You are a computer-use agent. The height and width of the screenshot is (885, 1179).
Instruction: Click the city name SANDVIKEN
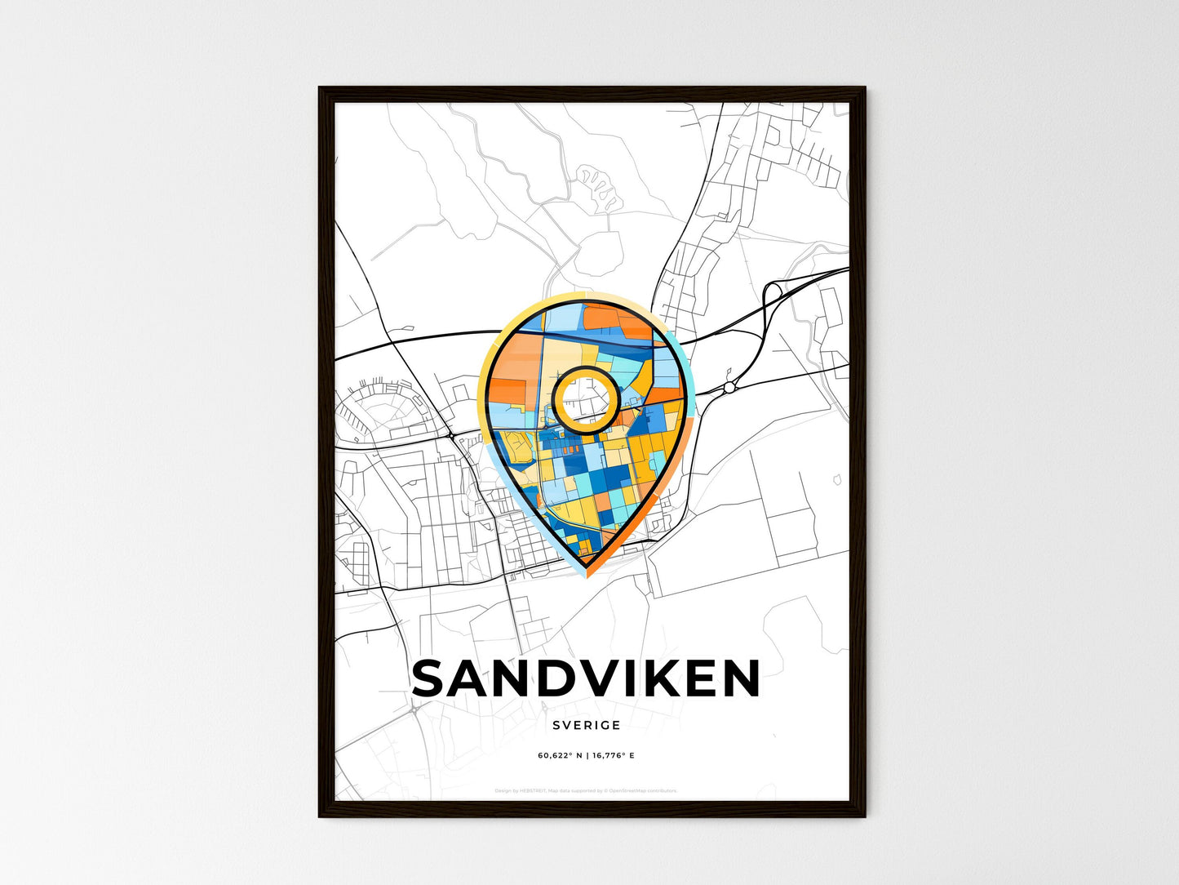pos(586,679)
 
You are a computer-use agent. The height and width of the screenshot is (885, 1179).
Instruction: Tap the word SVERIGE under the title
pos(586,725)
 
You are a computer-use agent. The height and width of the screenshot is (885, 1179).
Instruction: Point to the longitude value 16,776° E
pos(613,755)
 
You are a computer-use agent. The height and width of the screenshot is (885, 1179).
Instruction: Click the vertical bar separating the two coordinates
pos(587,755)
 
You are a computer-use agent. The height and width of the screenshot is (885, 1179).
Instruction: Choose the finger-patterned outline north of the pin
pos(599,185)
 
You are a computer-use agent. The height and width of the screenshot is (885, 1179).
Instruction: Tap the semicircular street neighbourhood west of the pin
pos(383,408)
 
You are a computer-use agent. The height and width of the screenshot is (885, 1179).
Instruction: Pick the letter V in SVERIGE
pos(566,725)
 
